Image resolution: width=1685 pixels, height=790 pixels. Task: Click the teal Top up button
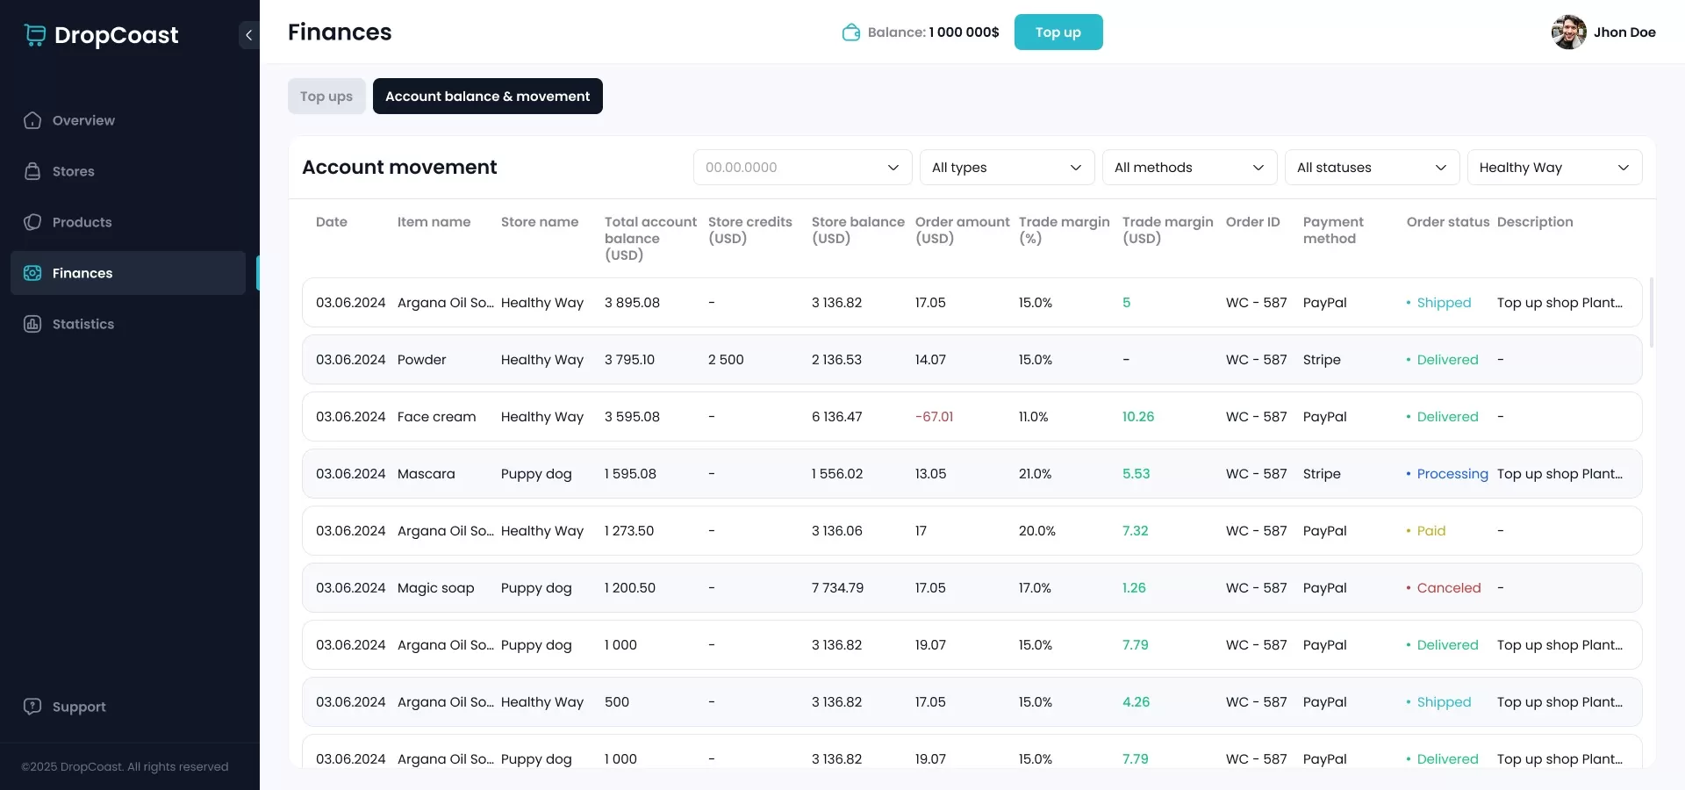pyautogui.click(x=1058, y=32)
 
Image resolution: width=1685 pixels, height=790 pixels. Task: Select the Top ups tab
pyautogui.click(x=326, y=97)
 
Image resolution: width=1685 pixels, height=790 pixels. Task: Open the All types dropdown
pyautogui.click(x=1006, y=168)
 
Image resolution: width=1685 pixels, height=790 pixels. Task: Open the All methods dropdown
pyautogui.click(x=1188, y=168)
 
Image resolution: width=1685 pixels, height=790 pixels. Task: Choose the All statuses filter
pyautogui.click(x=1371, y=168)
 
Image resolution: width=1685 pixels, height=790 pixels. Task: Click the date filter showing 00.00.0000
pyautogui.click(x=801, y=168)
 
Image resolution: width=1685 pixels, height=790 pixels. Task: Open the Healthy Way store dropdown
pyautogui.click(x=1553, y=168)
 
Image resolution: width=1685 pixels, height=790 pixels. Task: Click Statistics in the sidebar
pyautogui.click(x=82, y=324)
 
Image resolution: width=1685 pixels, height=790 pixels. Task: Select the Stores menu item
pyautogui.click(x=73, y=171)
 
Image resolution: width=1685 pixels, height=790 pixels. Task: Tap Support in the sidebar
pyautogui.click(x=78, y=707)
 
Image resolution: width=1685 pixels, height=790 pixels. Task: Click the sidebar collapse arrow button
pyautogui.click(x=248, y=35)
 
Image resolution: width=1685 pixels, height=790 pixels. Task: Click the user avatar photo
pyautogui.click(x=1567, y=32)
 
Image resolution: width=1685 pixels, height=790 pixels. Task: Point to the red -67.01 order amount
pyautogui.click(x=934, y=417)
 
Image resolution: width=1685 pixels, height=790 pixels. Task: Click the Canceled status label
pyautogui.click(x=1448, y=588)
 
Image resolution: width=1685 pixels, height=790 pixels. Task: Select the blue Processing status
pyautogui.click(x=1452, y=474)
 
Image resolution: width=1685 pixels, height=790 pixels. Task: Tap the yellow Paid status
pyautogui.click(x=1430, y=531)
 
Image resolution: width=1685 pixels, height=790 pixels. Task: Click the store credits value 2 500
pyautogui.click(x=726, y=360)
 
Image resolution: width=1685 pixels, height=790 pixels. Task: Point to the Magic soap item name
pyautogui.click(x=435, y=588)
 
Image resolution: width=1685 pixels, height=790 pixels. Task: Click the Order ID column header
pyautogui.click(x=1252, y=222)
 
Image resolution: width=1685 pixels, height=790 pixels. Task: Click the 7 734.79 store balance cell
pyautogui.click(x=837, y=588)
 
